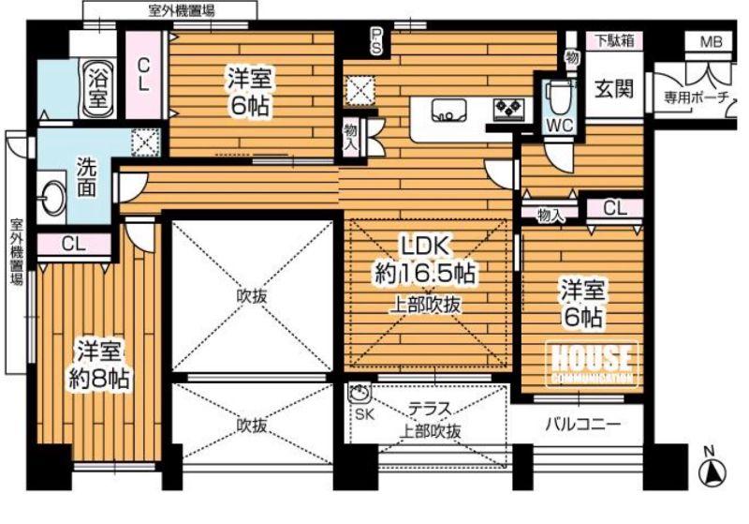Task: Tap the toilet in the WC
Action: (560, 94)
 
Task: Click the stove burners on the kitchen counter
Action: (509, 108)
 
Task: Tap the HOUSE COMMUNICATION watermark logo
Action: (591, 362)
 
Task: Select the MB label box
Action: (712, 42)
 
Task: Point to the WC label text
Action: (560, 125)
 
